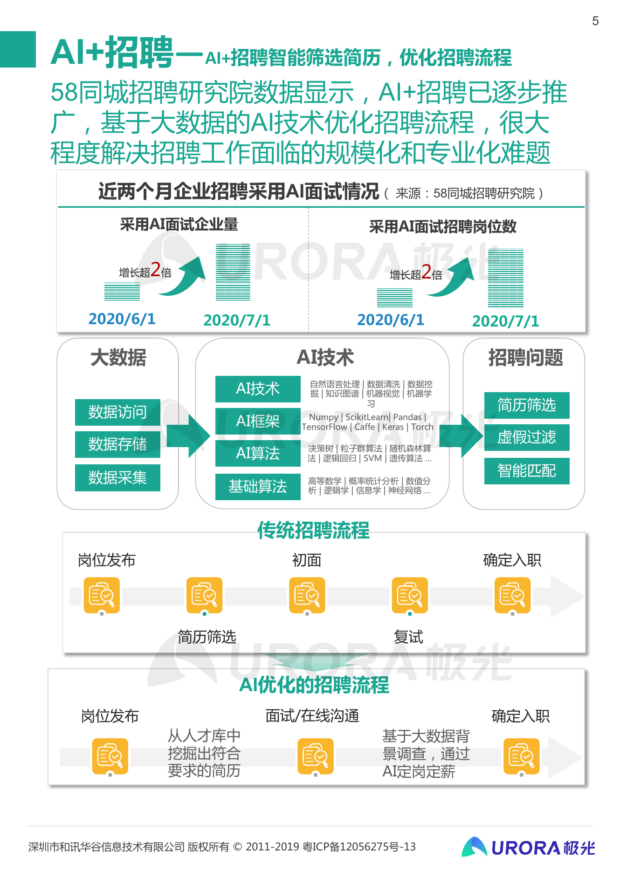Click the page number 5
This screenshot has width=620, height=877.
click(x=595, y=21)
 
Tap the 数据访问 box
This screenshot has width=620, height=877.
click(x=117, y=412)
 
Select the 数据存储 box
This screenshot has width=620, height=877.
click(x=117, y=444)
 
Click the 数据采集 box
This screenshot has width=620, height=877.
click(x=117, y=477)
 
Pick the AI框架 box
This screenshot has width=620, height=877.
click(x=258, y=421)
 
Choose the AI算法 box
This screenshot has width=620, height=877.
click(x=258, y=453)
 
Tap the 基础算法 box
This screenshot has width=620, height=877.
click(x=258, y=487)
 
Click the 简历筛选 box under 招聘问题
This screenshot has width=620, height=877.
click(x=527, y=405)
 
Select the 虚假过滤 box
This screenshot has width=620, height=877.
click(x=527, y=437)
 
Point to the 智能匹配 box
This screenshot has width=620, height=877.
click(x=527, y=471)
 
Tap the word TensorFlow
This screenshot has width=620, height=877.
click(x=324, y=427)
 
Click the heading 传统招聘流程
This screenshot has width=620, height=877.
click(x=313, y=530)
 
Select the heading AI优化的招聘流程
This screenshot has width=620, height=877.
click(x=314, y=685)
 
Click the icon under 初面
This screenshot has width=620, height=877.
click(x=307, y=595)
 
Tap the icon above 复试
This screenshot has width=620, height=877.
click(x=410, y=595)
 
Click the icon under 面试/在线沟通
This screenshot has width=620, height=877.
click(x=316, y=756)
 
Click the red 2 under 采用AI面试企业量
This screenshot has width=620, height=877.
click(x=156, y=270)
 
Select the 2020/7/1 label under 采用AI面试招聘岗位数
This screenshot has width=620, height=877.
click(x=505, y=321)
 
